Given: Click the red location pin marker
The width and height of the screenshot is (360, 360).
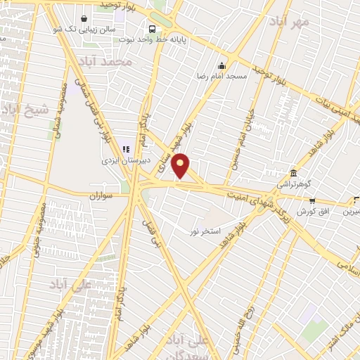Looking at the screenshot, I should [x=181, y=166].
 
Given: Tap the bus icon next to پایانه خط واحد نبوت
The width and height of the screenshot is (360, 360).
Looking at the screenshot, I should [x=152, y=29].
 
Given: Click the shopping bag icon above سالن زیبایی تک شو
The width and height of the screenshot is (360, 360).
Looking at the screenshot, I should [x=84, y=18].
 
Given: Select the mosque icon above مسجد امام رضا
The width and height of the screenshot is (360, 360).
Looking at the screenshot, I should [x=222, y=65].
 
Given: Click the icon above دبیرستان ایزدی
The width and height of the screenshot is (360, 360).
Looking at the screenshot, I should [x=127, y=148].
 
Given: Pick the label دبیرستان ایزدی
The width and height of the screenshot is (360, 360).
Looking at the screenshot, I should [x=117, y=160].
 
